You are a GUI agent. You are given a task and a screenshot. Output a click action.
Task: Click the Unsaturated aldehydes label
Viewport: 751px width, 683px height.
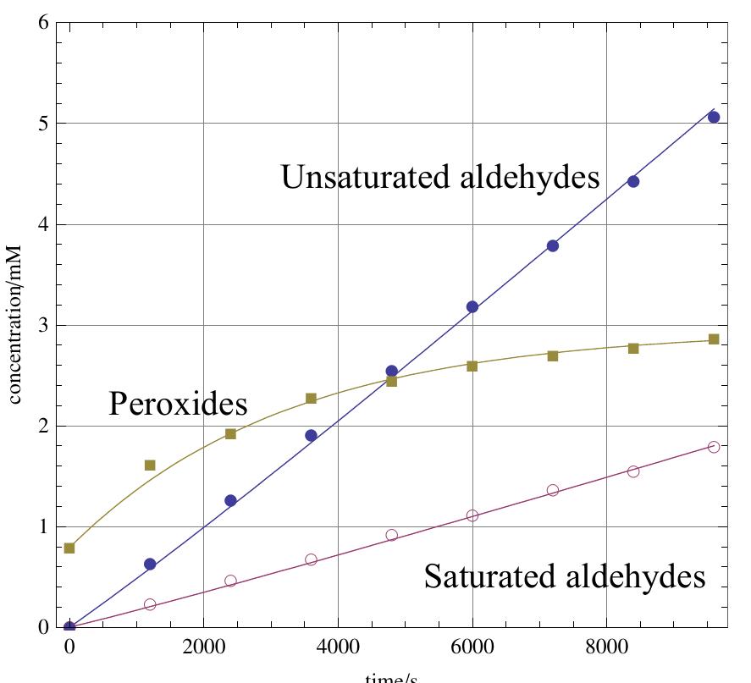pyautogui.click(x=439, y=178)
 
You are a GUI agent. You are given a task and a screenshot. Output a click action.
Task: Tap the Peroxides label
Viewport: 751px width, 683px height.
pyautogui.click(x=178, y=404)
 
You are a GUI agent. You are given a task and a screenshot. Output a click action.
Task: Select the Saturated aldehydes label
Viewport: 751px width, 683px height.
pyautogui.click(x=564, y=577)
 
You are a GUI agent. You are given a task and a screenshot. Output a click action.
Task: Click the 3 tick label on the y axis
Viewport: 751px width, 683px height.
pyautogui.click(x=42, y=326)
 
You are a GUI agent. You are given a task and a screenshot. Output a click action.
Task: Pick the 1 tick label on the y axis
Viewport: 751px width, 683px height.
pyautogui.click(x=42, y=527)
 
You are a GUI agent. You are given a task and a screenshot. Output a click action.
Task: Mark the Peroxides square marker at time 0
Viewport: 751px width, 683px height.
pyautogui.click(x=69, y=548)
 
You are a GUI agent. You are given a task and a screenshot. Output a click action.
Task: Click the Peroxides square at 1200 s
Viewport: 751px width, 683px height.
pyautogui.click(x=150, y=465)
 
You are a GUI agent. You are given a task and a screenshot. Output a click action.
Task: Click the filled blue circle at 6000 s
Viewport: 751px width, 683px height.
pyautogui.click(x=472, y=306)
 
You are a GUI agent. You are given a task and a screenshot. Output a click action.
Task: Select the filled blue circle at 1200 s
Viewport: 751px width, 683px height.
pyautogui.click(x=150, y=564)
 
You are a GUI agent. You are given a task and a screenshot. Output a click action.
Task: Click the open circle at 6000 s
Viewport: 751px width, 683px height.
pyautogui.click(x=472, y=515)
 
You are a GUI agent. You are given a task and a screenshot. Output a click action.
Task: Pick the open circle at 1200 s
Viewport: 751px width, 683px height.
pyautogui.click(x=150, y=604)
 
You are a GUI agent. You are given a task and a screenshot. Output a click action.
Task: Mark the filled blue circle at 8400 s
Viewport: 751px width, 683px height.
pyautogui.click(x=633, y=181)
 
